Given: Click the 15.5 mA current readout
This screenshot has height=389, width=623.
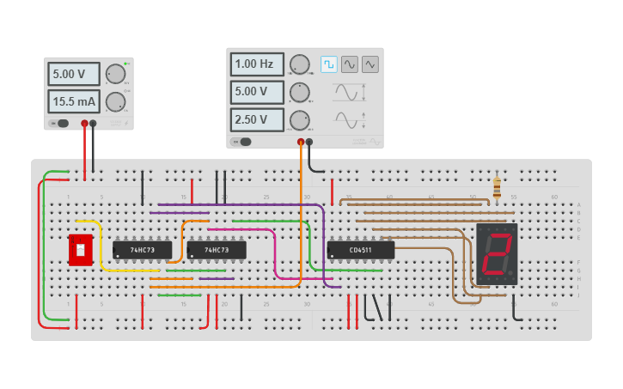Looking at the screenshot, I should pyautogui.click(x=73, y=101).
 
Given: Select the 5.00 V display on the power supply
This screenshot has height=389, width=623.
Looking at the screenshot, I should pyautogui.click(x=73, y=74).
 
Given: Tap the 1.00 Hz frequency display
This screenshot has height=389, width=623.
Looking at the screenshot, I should pyautogui.click(x=256, y=64).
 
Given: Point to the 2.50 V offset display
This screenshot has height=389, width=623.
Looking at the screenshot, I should pyautogui.click(x=256, y=119).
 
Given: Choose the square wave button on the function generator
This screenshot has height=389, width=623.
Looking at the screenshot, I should pyautogui.click(x=329, y=64).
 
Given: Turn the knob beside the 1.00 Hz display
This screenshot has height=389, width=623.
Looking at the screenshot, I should pyautogui.click(x=299, y=64).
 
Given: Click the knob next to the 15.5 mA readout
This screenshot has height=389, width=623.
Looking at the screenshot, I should pyautogui.click(x=115, y=102).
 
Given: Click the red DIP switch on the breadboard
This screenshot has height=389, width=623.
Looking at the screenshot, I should pyautogui.click(x=80, y=250).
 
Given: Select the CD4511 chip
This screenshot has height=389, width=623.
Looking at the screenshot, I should pyautogui.click(x=360, y=250).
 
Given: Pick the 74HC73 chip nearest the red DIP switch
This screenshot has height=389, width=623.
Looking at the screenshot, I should pyautogui.click(x=142, y=250).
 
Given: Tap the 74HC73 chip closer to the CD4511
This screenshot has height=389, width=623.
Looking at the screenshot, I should pyautogui.click(x=217, y=250).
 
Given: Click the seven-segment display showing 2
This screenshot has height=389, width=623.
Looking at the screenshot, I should pyautogui.click(x=497, y=254).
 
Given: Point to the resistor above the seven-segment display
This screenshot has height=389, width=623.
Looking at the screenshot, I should pyautogui.click(x=497, y=187).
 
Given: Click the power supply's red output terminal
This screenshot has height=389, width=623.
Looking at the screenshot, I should pyautogui.click(x=84, y=124).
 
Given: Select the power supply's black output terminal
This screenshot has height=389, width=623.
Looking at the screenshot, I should pyautogui.click(x=94, y=124).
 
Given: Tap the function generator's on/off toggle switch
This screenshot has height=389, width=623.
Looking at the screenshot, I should pyautogui.click(x=243, y=142).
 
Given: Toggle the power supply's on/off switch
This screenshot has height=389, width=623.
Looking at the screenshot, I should pyautogui.click(x=60, y=124).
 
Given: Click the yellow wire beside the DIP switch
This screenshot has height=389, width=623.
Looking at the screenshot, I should pyautogui.click(x=102, y=249).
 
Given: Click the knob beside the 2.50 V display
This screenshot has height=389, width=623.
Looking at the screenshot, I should pyautogui.click(x=299, y=119).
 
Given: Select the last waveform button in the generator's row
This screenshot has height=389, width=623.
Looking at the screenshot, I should pyautogui.click(x=370, y=64).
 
